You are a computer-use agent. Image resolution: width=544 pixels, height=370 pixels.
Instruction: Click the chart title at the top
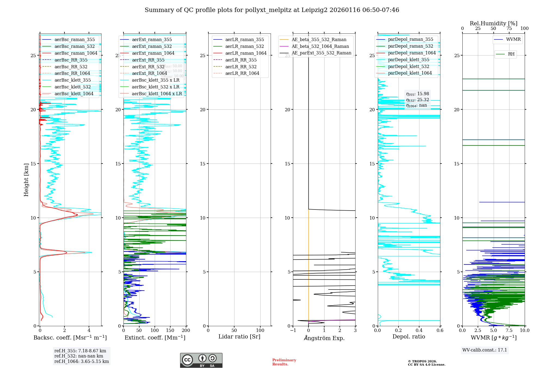pos(272,10)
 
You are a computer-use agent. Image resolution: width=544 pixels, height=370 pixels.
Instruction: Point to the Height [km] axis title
pos(26,180)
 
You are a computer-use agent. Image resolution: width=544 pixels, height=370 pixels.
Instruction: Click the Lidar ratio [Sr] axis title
pos(239,337)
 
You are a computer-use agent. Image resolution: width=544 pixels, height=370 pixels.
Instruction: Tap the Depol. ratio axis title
pos(409,337)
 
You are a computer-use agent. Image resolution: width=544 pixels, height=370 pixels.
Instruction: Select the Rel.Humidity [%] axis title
pos(493,23)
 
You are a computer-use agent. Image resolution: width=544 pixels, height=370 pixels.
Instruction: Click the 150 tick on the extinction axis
pos(170,330)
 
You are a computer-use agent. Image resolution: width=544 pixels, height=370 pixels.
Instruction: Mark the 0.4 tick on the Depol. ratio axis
pos(419,330)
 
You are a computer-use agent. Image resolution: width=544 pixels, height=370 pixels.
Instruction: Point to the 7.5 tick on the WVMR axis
pos(509,330)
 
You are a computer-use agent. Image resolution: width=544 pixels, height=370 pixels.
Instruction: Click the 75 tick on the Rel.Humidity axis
pos(509,28)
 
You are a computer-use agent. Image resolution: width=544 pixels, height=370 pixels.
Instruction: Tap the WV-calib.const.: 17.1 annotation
pos(485,350)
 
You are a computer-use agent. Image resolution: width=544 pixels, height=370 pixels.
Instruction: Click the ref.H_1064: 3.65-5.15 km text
pos(82,361)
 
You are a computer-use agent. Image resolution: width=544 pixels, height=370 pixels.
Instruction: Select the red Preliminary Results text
pos(284,362)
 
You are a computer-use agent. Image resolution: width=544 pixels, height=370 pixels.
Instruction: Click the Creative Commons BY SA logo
pos(201,360)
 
